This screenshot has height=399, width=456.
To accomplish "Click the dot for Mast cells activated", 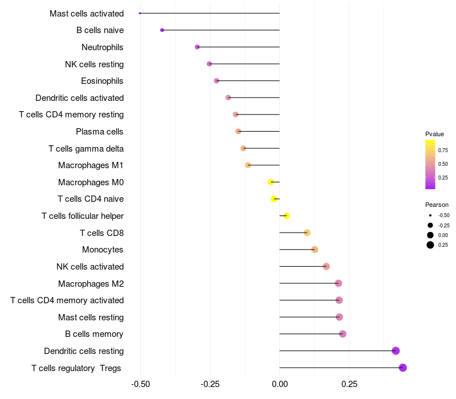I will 140,13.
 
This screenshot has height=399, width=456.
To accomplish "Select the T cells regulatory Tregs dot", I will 402,368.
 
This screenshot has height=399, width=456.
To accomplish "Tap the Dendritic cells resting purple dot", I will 396,351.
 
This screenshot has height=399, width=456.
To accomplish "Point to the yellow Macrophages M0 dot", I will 271,182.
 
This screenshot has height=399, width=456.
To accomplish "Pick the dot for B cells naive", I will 162,30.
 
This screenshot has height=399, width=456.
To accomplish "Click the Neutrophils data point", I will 197,47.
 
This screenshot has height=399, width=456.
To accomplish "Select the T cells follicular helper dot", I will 287,215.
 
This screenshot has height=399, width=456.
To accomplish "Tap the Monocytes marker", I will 315,250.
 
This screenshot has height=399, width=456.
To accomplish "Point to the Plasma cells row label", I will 99,132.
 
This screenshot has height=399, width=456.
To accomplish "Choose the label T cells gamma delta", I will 86,149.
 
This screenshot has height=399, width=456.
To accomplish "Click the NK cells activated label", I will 90,267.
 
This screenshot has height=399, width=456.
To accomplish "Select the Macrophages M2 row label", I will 91,283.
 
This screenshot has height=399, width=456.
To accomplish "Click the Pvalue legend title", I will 434,134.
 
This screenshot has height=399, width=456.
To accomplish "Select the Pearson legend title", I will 437,205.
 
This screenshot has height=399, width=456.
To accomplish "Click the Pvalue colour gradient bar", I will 430,164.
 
